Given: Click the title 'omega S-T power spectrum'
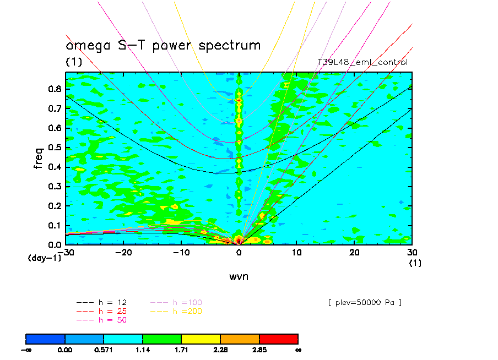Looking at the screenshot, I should (x=163, y=45).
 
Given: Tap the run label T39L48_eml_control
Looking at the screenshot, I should (x=362, y=62).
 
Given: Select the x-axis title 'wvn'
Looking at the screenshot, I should (x=239, y=276).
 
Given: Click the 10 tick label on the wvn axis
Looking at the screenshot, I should (x=296, y=252).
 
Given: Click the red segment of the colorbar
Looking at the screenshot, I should (x=278, y=338).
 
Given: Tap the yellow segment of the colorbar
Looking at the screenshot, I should (x=201, y=338).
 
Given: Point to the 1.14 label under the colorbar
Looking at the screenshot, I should (x=143, y=349).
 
